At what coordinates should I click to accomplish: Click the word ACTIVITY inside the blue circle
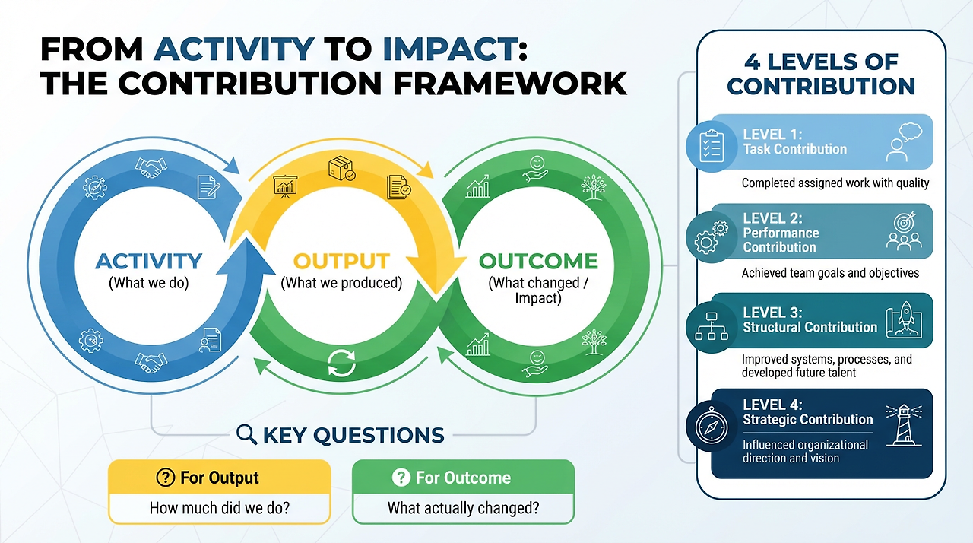(149, 262)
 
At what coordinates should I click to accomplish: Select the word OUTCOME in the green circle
(538, 262)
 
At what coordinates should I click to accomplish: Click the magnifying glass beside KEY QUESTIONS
(246, 434)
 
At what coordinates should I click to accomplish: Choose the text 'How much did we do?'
(219, 508)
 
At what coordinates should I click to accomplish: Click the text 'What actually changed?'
(463, 508)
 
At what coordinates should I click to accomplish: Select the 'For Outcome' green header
(463, 478)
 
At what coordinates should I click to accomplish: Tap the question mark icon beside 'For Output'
(165, 478)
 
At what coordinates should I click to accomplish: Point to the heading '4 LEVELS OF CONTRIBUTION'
(821, 73)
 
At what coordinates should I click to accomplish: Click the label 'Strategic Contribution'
(808, 419)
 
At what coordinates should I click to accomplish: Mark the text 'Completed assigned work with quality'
(835, 183)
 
